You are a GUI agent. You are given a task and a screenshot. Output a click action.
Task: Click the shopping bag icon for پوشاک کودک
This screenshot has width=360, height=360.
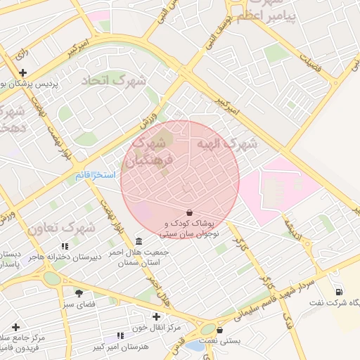point(189,212)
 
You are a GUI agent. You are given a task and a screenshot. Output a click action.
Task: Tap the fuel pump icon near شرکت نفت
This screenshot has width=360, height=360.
point(340,291)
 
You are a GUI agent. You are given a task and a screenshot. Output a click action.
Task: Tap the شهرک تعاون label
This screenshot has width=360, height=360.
point(62,228)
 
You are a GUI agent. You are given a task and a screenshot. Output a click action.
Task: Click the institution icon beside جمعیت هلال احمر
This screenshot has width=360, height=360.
point(138,240)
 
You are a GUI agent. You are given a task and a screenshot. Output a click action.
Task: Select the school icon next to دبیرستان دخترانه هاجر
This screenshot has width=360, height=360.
point(65,245)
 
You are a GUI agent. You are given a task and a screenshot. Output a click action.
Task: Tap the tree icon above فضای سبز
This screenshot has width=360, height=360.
point(78,292)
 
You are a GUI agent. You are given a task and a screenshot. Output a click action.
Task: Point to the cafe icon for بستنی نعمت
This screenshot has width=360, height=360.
point(220,330)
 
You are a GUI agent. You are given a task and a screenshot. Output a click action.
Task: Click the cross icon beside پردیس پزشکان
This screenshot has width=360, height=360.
point(23,72)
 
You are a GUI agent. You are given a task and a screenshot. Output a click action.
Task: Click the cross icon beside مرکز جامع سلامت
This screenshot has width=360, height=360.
point(16,327)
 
